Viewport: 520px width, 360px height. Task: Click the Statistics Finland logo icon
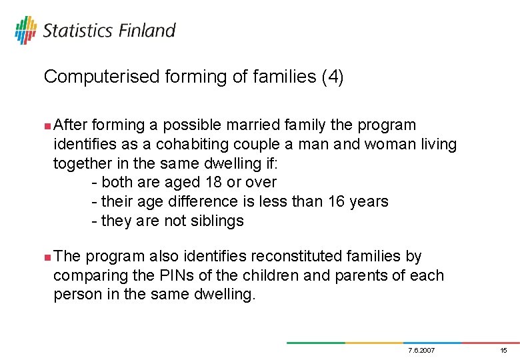[x=25, y=30]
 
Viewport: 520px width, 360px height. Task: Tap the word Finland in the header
[x=147, y=31]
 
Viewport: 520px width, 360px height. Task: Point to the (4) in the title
[x=332, y=77]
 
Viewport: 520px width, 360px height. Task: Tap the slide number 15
[x=503, y=351]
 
